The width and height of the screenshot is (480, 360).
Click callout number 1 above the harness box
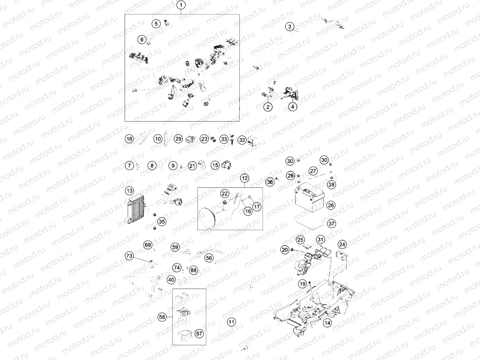[181, 5]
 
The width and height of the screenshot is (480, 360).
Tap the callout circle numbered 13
[129, 191]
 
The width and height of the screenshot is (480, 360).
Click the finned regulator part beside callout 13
[135, 211]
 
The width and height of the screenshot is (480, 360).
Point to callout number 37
[332, 223]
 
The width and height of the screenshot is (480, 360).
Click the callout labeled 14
[328, 323]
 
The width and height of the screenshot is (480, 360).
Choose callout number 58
[162, 317]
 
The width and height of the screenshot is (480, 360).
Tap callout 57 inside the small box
[199, 333]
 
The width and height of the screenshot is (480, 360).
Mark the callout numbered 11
[232, 322]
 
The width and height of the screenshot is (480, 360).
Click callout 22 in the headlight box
[225, 193]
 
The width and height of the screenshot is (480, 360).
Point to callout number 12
[245, 178]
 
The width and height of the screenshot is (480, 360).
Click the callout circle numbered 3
[290, 26]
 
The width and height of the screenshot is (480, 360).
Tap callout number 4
[293, 106]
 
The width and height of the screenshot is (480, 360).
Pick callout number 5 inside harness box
[156, 23]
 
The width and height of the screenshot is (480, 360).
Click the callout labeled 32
[242, 140]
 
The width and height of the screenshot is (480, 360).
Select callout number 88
[193, 270]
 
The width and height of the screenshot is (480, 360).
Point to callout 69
[148, 245]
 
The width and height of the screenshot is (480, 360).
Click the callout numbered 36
[270, 182]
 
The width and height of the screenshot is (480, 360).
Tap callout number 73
[129, 256]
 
